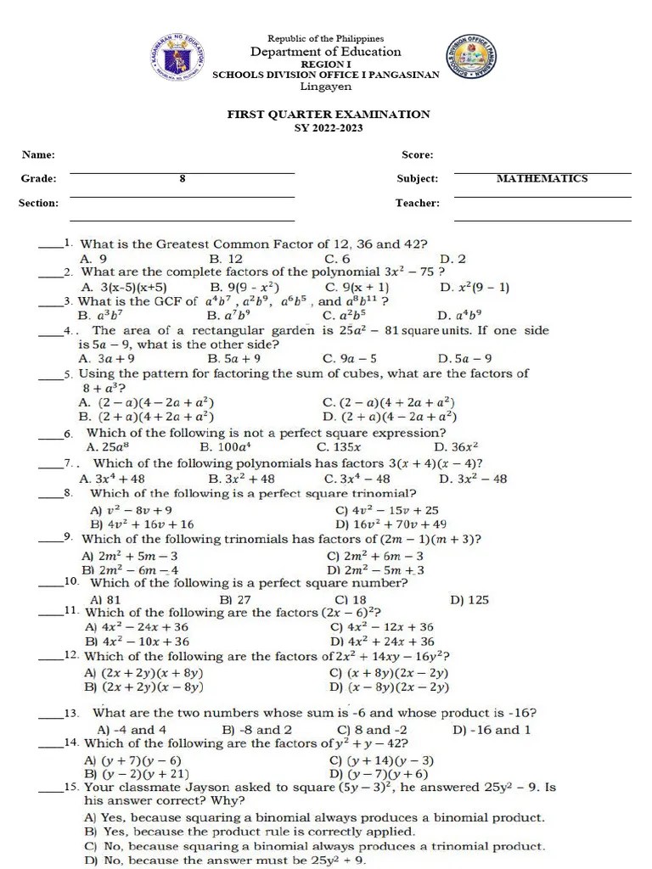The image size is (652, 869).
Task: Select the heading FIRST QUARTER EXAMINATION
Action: click(327, 114)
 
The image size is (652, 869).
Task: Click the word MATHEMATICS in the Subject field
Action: click(542, 178)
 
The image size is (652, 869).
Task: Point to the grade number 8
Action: click(182, 178)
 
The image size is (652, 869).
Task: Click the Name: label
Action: click(38, 154)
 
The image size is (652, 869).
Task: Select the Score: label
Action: click(417, 154)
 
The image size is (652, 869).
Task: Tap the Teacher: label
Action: click(417, 203)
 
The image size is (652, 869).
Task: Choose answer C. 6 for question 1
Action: click(336, 258)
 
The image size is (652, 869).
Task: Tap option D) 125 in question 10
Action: click(469, 599)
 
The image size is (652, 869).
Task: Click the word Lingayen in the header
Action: click(326, 87)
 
